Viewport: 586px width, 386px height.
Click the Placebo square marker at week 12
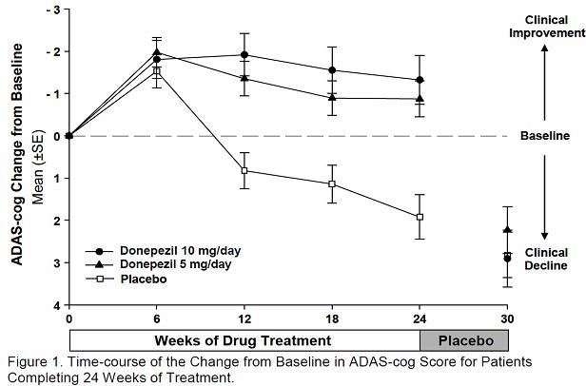pyautogui.click(x=244, y=170)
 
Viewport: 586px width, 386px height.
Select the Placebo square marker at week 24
pyautogui.click(x=420, y=217)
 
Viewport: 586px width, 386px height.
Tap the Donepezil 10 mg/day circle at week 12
pyautogui.click(x=244, y=54)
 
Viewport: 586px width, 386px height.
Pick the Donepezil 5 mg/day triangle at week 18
pyautogui.click(x=332, y=97)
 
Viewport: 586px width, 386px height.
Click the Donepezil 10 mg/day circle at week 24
pyautogui.click(x=420, y=80)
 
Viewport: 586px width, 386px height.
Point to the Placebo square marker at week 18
pyautogui.click(x=332, y=183)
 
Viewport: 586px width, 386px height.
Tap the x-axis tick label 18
pyautogui.click(x=332, y=318)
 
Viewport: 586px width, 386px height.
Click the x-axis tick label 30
pyautogui.click(x=507, y=318)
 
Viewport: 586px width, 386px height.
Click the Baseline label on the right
pyautogui.click(x=544, y=136)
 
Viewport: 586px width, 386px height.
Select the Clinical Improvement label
pyautogui.click(x=544, y=28)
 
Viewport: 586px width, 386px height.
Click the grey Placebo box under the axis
pyautogui.click(x=464, y=339)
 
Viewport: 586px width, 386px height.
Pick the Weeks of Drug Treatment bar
pyautogui.click(x=244, y=339)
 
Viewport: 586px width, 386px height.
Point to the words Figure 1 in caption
pyautogui.click(x=29, y=361)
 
